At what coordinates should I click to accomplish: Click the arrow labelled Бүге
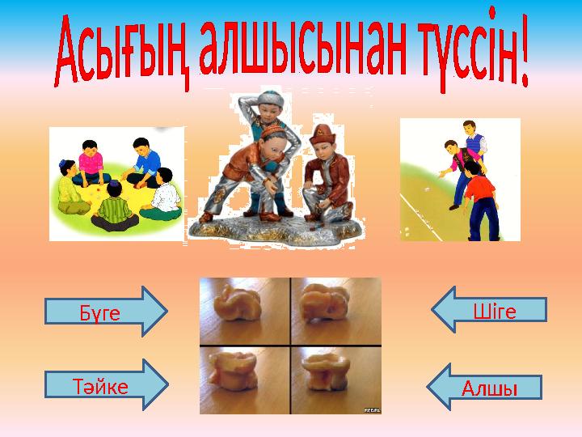[x=105, y=311]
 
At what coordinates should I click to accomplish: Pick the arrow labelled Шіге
[x=490, y=309]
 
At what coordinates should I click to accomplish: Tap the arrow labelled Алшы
[x=485, y=386]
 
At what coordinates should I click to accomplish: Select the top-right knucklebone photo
[x=336, y=311]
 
